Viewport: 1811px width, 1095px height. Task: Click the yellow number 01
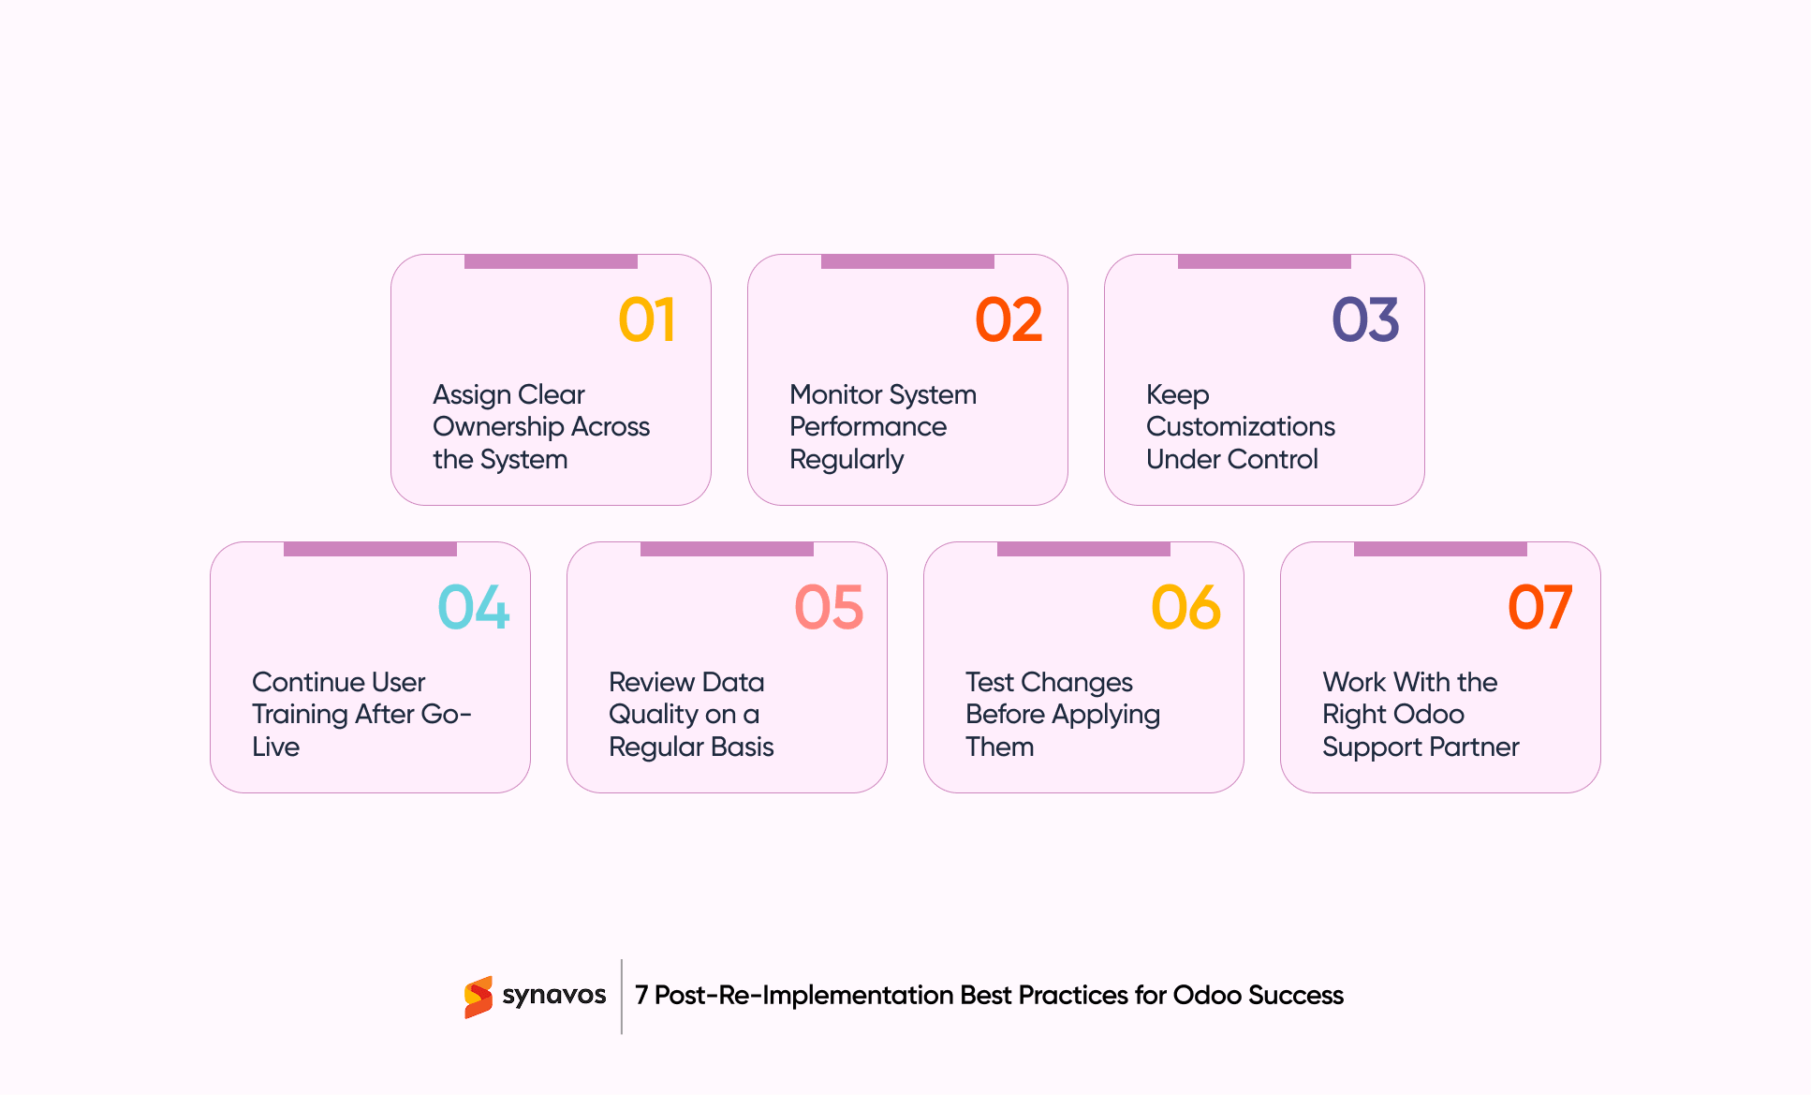click(x=646, y=320)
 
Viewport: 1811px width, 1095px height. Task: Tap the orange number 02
click(x=1008, y=320)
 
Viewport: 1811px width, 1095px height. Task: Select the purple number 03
click(x=1364, y=320)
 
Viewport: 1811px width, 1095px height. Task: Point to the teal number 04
click(x=473, y=608)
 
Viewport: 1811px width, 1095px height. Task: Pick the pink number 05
click(x=829, y=608)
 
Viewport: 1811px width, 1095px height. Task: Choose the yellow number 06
click(x=1185, y=608)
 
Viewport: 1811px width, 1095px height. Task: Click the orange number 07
click(x=1539, y=608)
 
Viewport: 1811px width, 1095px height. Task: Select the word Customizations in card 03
click(x=1240, y=427)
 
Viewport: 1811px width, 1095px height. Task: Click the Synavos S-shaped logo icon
click(x=479, y=997)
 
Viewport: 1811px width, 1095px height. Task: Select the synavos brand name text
click(x=553, y=995)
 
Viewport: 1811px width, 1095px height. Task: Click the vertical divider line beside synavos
click(x=622, y=997)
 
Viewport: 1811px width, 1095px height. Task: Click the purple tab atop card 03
click(x=1263, y=261)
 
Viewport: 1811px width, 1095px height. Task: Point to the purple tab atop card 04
click(x=370, y=549)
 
